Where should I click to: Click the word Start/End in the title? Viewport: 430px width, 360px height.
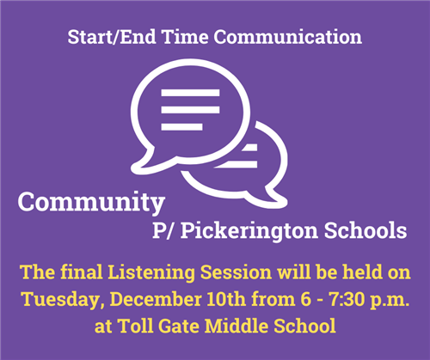click(x=113, y=37)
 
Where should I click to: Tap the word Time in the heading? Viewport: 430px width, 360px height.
click(x=185, y=37)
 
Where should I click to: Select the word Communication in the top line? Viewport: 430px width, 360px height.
click(x=287, y=37)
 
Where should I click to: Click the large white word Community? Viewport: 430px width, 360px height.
click(x=91, y=203)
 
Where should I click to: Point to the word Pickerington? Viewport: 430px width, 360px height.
click(x=249, y=232)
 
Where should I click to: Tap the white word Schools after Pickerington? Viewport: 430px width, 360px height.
click(x=365, y=230)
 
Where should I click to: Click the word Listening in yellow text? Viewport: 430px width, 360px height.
click(x=151, y=272)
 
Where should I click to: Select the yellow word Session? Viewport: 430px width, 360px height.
click(x=236, y=272)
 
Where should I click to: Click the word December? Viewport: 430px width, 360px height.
click(x=156, y=299)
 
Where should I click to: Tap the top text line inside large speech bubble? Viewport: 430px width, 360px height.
click(x=190, y=93)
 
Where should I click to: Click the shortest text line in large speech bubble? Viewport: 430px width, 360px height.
click(x=181, y=127)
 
